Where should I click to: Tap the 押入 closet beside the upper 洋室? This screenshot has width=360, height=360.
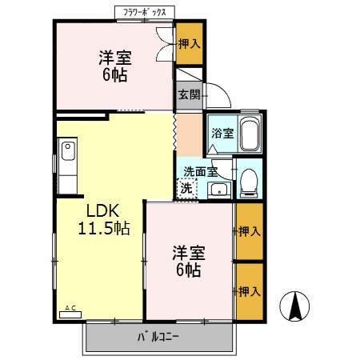click(189, 45)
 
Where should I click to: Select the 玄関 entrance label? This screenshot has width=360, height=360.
click(189, 94)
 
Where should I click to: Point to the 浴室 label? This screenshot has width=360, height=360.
click(222, 134)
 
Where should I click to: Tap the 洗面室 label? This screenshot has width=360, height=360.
click(200, 171)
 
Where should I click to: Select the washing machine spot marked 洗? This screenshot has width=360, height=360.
click(186, 190)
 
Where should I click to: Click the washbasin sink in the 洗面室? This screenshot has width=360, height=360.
click(218, 190)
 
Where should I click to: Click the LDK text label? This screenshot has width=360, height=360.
click(102, 211)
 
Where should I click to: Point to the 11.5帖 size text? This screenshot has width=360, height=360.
click(104, 229)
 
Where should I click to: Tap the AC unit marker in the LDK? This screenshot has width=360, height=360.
click(70, 310)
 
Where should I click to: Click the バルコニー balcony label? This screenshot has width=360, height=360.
click(160, 337)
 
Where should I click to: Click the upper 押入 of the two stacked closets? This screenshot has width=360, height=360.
click(249, 232)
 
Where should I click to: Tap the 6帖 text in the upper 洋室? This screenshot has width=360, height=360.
click(115, 75)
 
